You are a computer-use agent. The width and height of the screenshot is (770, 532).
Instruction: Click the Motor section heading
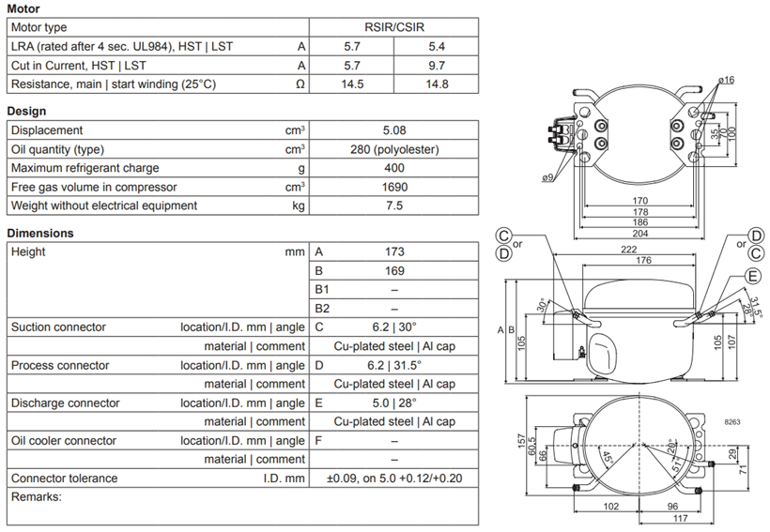point(23,8)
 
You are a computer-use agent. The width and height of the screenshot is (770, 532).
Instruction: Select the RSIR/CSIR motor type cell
point(393,27)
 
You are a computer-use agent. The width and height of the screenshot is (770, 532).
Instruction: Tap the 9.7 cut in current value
point(437,66)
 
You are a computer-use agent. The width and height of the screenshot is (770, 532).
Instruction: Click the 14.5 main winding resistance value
point(352,84)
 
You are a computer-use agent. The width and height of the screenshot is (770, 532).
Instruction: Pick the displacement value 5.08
point(394,130)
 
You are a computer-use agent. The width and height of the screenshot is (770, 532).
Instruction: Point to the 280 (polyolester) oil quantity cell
point(394,149)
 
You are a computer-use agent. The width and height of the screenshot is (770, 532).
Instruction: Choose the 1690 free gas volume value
point(394,187)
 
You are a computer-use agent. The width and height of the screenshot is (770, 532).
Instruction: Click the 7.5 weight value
point(394,205)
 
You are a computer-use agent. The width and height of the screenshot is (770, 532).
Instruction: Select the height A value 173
point(394,251)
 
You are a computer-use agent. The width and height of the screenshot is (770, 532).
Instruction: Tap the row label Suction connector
point(58,327)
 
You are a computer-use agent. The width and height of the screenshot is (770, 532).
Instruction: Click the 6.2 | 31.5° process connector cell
point(394,365)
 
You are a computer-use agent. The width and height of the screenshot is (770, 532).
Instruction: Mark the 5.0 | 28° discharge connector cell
point(394,403)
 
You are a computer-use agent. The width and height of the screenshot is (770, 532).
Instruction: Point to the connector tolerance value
point(394,478)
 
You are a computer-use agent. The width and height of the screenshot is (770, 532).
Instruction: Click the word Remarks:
point(37,496)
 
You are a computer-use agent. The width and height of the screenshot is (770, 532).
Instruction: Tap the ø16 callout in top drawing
point(726,80)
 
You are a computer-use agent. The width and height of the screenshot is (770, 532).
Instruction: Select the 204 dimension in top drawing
point(639,234)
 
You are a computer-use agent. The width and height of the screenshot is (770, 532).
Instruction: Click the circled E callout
point(753,276)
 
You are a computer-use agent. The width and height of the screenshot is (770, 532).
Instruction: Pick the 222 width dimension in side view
point(628,250)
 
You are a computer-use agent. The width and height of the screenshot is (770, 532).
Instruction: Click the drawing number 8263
point(732,421)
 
